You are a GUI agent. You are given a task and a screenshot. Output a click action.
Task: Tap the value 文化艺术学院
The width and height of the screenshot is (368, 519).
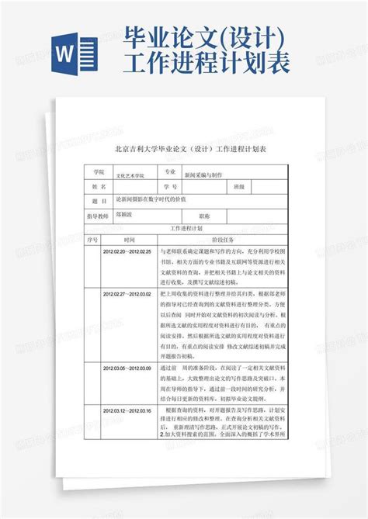134,176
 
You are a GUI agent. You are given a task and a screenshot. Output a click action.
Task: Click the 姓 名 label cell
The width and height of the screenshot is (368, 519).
98,187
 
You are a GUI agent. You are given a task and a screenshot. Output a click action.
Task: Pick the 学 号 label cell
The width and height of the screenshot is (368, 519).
170,187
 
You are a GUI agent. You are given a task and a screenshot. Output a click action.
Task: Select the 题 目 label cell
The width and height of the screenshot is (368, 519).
98,201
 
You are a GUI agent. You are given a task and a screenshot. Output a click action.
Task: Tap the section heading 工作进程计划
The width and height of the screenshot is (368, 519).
185,229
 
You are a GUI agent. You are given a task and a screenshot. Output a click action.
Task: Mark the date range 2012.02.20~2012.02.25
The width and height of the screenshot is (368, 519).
127,251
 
